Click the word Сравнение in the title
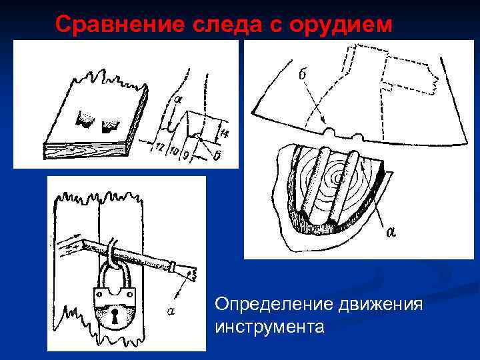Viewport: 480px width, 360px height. pos(120,24)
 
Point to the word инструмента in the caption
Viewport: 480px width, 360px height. pos(269,327)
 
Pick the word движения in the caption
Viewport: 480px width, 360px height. pos(381,305)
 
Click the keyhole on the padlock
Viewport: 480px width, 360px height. pos(115,316)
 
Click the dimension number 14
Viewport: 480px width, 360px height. pos(225,133)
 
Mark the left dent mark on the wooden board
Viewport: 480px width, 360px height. pos(85,119)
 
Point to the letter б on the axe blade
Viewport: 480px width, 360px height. pos(303,74)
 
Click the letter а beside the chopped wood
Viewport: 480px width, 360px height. pos(390,232)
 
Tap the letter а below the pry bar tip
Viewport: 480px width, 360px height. pos(171,311)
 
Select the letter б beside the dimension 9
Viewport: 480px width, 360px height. pos(216,156)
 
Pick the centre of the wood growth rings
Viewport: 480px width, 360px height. pos(338,177)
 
